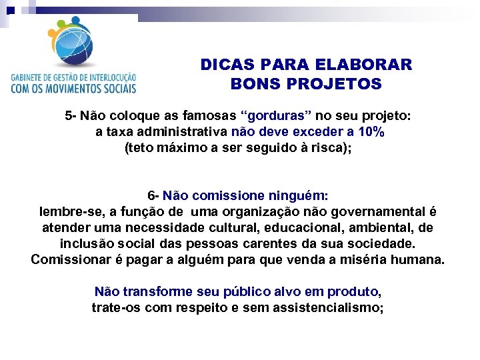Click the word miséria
(370, 259)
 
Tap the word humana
(419, 259)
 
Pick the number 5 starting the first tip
(69, 115)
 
